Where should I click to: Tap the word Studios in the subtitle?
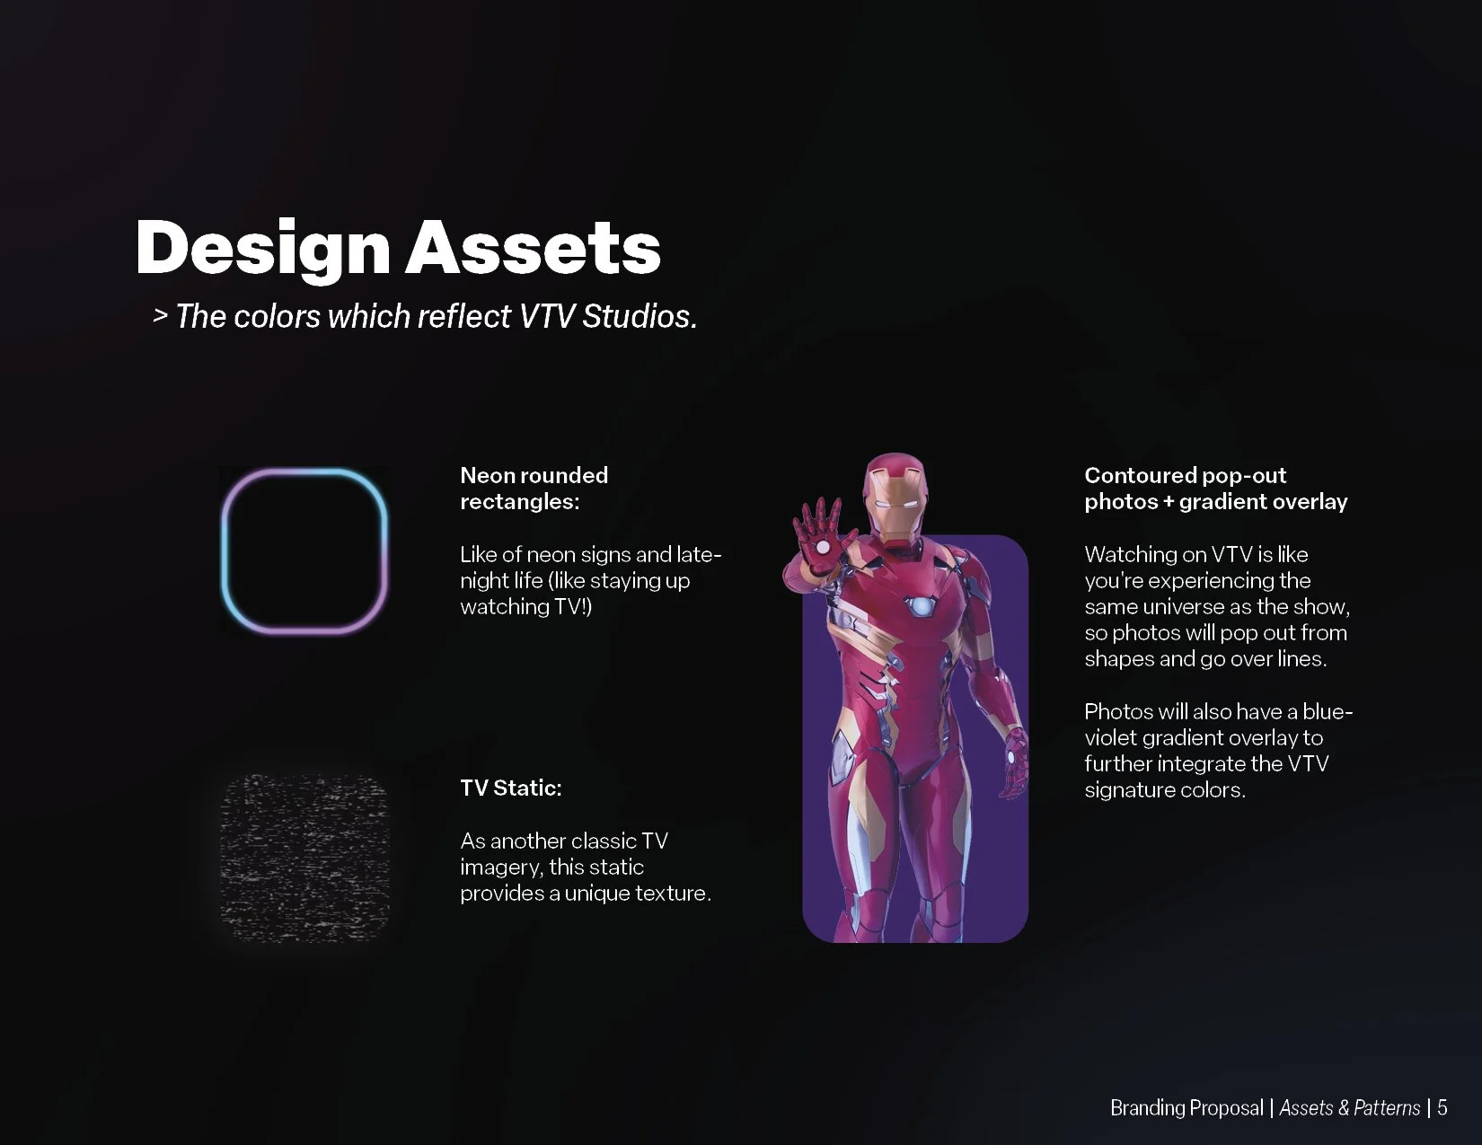coord(640,316)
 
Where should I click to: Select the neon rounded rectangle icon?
coord(304,550)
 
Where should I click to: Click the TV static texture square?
coord(304,858)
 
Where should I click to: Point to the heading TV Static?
coord(510,788)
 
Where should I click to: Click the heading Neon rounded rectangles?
coord(534,488)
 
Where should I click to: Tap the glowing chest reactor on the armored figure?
coord(922,606)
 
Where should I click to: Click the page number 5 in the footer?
coord(1442,1107)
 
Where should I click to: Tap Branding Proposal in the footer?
coord(1186,1107)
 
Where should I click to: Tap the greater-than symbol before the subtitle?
coord(160,316)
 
